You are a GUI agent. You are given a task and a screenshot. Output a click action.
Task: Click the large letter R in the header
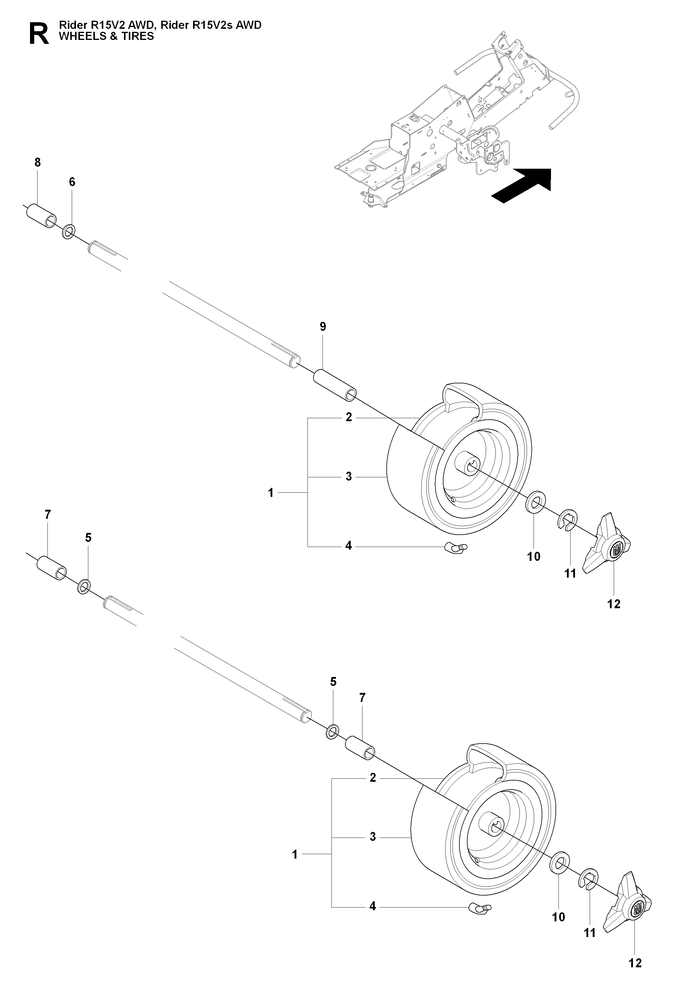39,34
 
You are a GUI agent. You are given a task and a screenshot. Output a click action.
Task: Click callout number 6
72,182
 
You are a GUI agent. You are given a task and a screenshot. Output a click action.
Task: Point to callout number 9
323,327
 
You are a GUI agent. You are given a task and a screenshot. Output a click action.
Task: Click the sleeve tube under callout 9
334,385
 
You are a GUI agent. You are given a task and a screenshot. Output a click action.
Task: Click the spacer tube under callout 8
41,216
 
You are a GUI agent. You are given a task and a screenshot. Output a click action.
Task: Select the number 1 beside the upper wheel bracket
271,493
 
